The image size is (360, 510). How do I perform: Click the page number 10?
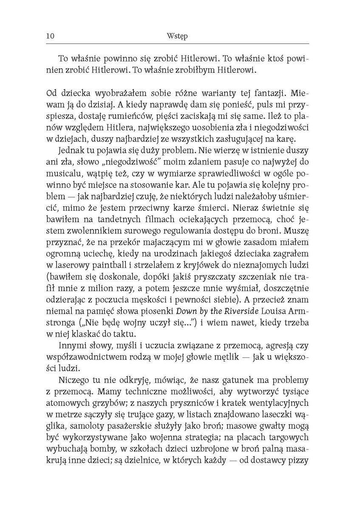point(48,37)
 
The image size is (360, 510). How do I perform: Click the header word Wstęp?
point(178,37)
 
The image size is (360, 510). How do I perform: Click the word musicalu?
point(66,183)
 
